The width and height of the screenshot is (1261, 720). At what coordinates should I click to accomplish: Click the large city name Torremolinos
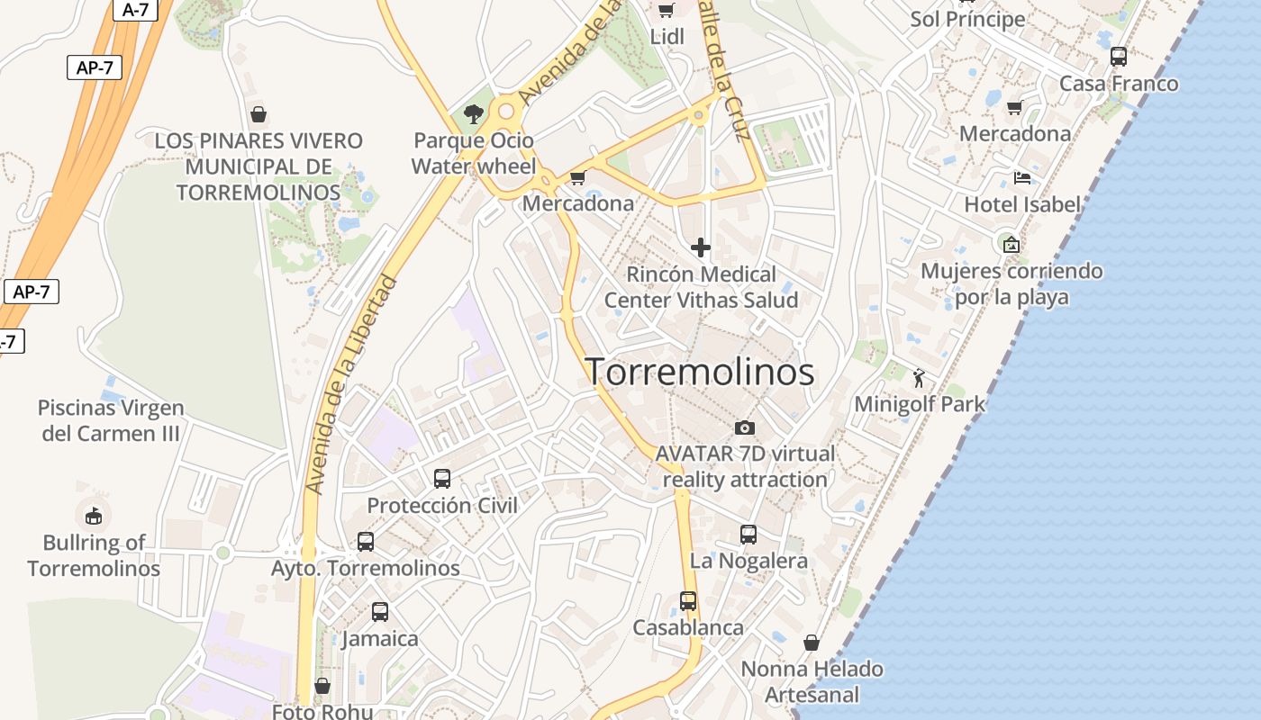tap(701, 372)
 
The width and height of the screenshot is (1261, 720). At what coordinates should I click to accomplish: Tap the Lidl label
tap(667, 37)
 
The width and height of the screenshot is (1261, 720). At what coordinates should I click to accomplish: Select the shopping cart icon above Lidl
tap(667, 11)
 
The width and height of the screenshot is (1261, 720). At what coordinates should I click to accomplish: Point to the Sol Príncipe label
tap(967, 19)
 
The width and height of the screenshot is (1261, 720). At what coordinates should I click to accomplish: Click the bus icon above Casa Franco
tap(1119, 57)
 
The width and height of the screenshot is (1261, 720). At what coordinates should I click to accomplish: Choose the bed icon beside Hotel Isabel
tap(1021, 177)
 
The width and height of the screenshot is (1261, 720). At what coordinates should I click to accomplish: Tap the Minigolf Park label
tap(920, 404)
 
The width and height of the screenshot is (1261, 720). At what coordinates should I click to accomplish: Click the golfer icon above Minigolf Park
tap(919, 378)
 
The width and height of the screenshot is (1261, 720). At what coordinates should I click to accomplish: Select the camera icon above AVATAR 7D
tap(745, 427)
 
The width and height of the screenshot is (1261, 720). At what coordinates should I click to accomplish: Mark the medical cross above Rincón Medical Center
tap(701, 247)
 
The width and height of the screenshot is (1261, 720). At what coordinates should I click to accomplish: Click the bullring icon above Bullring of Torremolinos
tap(94, 516)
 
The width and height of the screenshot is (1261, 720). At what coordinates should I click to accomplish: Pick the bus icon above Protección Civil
tap(442, 479)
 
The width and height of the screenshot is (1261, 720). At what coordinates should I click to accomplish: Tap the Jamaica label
tap(379, 639)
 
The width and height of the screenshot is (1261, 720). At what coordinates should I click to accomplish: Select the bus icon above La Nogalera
tap(748, 535)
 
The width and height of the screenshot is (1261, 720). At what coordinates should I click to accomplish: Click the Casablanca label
tap(688, 627)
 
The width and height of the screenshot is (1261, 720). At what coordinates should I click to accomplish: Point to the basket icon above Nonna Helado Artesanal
tap(812, 643)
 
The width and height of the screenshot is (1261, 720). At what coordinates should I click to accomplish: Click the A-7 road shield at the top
tap(134, 10)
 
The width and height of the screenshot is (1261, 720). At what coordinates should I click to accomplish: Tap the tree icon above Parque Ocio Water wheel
tap(473, 114)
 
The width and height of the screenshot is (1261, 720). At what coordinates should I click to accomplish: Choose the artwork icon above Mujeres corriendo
tap(1012, 244)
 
